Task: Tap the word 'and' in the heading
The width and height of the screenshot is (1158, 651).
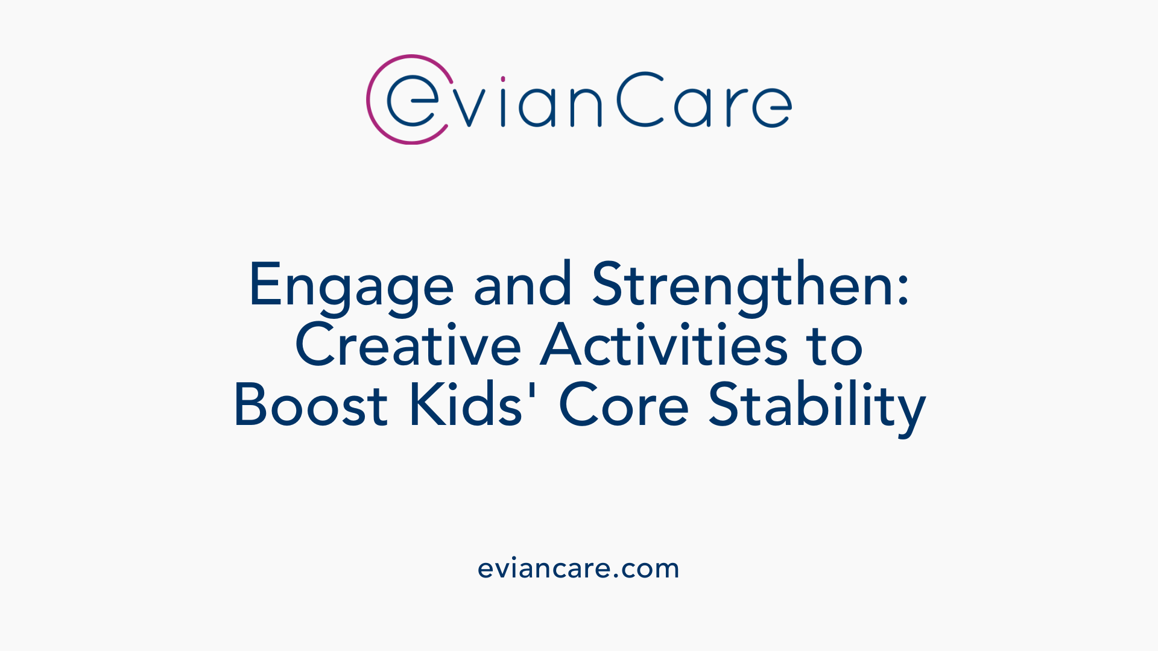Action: pos(522,285)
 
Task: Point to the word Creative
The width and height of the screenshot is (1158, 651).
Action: pos(408,345)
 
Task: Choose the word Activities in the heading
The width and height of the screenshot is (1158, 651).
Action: pos(663,345)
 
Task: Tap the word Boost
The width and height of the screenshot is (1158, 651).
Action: pos(311,405)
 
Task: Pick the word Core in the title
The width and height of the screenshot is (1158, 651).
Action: pos(624,405)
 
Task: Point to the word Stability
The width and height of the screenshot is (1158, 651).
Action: pos(817,407)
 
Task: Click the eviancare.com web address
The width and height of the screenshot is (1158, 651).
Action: pos(578,568)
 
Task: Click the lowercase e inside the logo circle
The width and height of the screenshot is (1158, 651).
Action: pos(413,102)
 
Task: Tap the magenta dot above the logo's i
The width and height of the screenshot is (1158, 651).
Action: pos(503,79)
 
